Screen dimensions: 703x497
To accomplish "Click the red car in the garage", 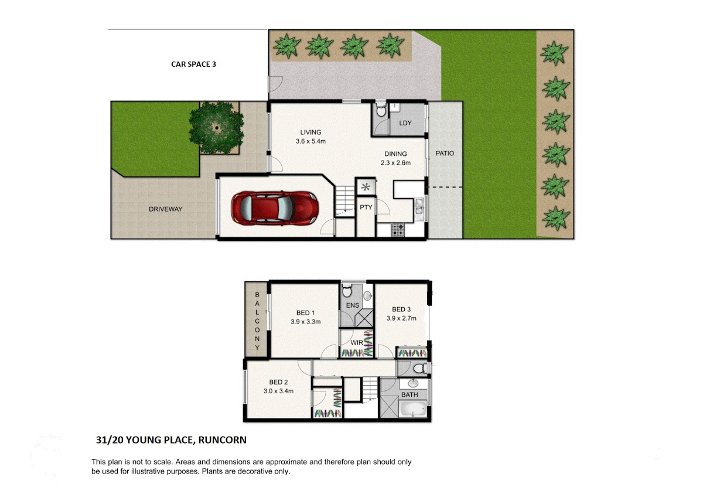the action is pyautogui.click(x=275, y=208).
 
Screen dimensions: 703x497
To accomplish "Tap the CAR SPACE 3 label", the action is pyautogui.click(x=194, y=64).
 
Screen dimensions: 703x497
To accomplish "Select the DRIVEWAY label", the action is pyautogui.click(x=166, y=209).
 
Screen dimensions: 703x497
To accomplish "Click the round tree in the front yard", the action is pyautogui.click(x=216, y=127).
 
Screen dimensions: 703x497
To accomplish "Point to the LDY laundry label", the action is pyautogui.click(x=405, y=123).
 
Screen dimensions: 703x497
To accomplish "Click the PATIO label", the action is pyautogui.click(x=445, y=153).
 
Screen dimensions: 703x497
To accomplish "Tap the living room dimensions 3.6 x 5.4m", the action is pyautogui.click(x=310, y=141).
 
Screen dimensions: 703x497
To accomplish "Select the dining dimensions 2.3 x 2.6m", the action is pyautogui.click(x=395, y=162).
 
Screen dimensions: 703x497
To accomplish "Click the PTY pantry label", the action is pyautogui.click(x=366, y=207).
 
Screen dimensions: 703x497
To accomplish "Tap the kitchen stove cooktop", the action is pyautogui.click(x=398, y=230).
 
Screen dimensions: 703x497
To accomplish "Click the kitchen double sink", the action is pyautogui.click(x=419, y=209).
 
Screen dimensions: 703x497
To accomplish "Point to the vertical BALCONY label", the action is pyautogui.click(x=257, y=321).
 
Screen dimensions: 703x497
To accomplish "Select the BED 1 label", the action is pyautogui.click(x=305, y=313).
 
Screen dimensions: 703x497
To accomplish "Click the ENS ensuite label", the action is pyautogui.click(x=353, y=305).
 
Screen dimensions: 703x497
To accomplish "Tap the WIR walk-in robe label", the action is pyautogui.click(x=357, y=342).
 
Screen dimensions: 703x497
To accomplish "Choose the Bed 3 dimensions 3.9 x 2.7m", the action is pyautogui.click(x=401, y=318).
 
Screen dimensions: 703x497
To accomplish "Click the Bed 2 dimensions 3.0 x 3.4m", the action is pyautogui.click(x=278, y=391).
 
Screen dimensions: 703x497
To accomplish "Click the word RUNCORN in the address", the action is pyautogui.click(x=222, y=440).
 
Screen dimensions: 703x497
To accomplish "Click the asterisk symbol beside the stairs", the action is pyautogui.click(x=366, y=188).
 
